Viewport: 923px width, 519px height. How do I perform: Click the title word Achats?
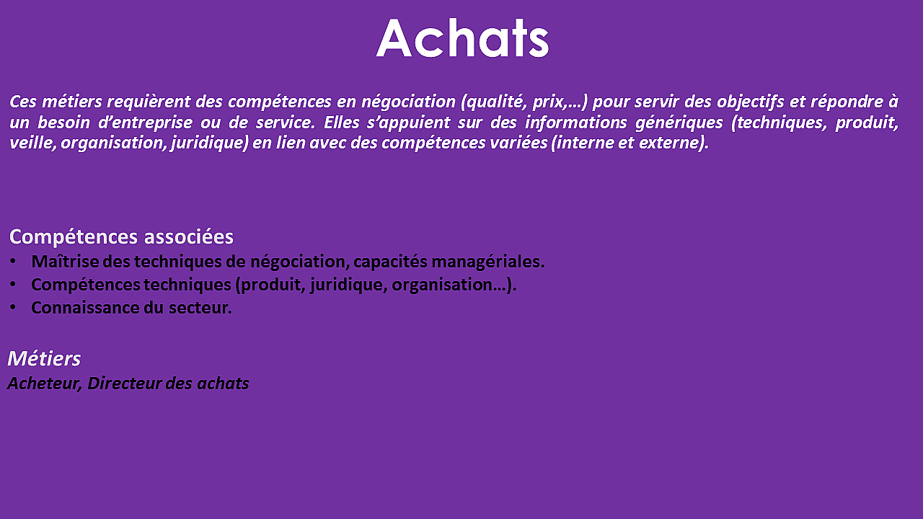462,38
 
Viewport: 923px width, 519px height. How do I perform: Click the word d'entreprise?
145,123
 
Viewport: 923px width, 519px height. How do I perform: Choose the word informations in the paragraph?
575,123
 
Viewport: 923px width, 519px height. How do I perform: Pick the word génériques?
679,123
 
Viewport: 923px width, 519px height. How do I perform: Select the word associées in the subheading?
189,237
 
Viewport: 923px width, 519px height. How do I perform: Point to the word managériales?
488,262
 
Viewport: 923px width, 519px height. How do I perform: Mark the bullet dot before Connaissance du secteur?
13,307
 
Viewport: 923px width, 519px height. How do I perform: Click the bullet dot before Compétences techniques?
13,284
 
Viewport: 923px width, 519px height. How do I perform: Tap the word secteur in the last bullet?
200,308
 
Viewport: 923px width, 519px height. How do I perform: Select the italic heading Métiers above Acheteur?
44,358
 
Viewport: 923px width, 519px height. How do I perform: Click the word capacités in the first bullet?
390,262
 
